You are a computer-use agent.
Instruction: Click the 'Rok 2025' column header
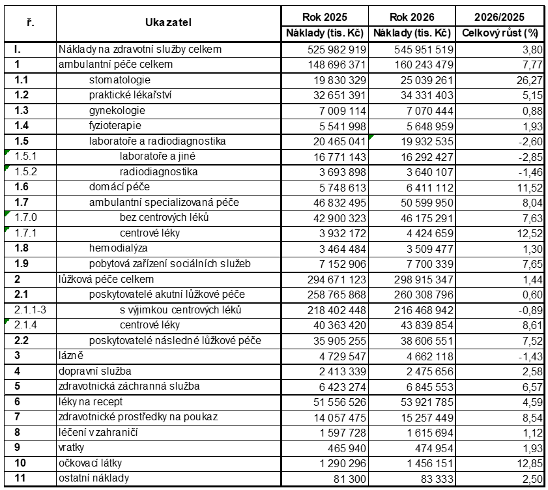[x=324, y=17]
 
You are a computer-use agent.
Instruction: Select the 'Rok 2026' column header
[x=412, y=17]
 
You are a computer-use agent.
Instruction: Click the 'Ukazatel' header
[x=168, y=23]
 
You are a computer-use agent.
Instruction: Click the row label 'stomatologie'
[x=119, y=79]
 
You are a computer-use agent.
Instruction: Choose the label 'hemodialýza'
[x=119, y=248]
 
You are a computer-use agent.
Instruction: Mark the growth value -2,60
[x=526, y=141]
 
